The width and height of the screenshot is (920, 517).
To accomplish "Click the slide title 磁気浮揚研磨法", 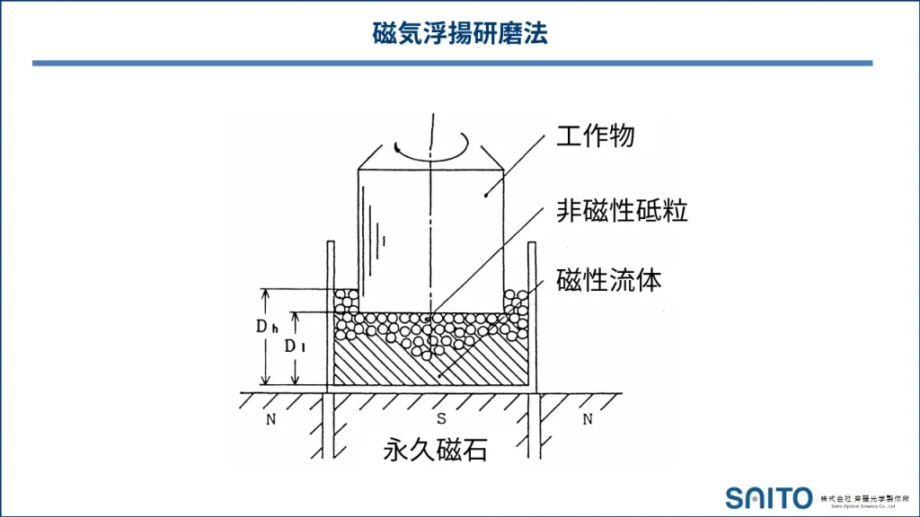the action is pyautogui.click(x=460, y=33).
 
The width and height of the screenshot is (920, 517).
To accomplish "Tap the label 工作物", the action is pyautogui.click(x=596, y=136).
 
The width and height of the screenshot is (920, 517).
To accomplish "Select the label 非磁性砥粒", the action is pyautogui.click(x=622, y=210).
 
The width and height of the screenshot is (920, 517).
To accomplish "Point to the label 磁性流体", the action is pyautogui.click(x=609, y=280).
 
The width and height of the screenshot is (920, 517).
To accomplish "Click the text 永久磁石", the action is pyautogui.click(x=436, y=450).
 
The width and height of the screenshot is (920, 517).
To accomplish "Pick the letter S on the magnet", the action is pyautogui.click(x=441, y=418).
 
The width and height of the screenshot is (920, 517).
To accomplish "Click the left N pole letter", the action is pyautogui.click(x=270, y=419).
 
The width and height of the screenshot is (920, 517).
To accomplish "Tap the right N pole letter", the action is pyautogui.click(x=588, y=419).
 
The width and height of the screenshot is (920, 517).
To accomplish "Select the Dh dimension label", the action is pyautogui.click(x=267, y=327).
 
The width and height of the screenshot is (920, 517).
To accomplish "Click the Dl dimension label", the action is pyautogui.click(x=295, y=346).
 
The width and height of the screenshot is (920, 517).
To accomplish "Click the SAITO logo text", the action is pyautogui.click(x=769, y=498).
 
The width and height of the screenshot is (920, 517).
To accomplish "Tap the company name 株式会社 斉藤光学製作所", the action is pyautogui.click(x=864, y=498).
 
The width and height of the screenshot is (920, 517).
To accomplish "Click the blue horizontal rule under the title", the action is pyautogui.click(x=453, y=63).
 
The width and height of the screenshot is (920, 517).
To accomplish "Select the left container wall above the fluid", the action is pyautogui.click(x=331, y=265).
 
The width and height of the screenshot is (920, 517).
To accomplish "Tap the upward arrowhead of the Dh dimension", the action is pyautogui.click(x=265, y=294).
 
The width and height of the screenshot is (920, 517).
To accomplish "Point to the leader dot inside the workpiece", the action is pyautogui.click(x=486, y=195).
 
